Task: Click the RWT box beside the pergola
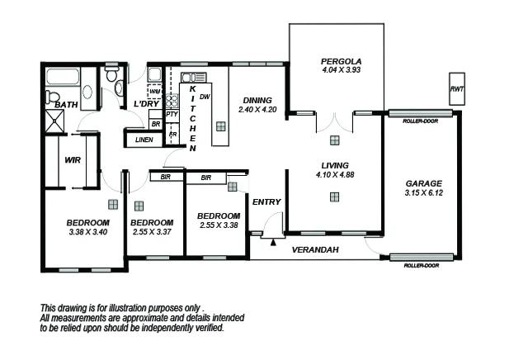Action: [455, 88]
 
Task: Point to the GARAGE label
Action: [424, 183]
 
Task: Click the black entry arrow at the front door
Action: [272, 243]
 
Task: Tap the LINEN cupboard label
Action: [144, 140]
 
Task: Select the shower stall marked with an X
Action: [59, 121]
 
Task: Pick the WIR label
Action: [72, 160]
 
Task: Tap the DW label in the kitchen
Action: [205, 97]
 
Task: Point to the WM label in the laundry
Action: [154, 91]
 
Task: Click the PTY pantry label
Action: [172, 115]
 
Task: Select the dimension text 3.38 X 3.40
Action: [87, 232]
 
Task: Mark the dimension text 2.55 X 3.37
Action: [152, 232]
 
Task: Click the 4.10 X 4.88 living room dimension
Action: [334, 174]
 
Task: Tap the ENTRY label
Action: [266, 202]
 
